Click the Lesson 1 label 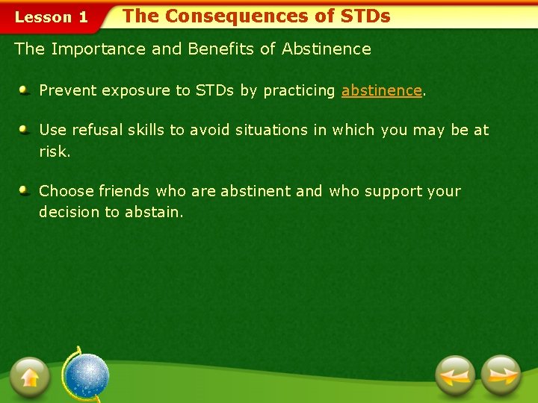click(51, 17)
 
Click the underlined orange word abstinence click(381, 91)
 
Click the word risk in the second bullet click(52, 151)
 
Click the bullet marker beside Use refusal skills click(25, 129)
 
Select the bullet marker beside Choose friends click(25, 190)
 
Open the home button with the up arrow click(30, 376)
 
